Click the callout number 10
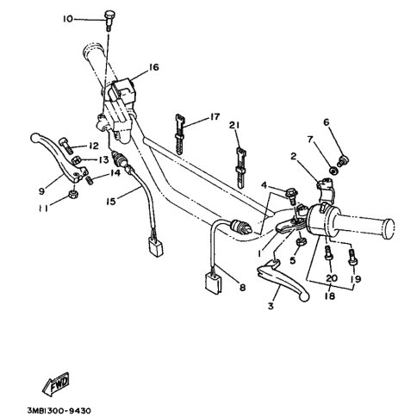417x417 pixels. coord(68,19)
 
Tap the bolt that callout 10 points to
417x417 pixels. coord(109,21)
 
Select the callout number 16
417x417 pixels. coord(153,67)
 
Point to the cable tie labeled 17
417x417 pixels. coord(179,134)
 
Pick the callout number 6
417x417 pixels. coord(327,122)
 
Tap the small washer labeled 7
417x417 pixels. coord(333,171)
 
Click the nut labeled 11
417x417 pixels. coord(74,195)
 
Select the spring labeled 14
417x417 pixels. coord(90,181)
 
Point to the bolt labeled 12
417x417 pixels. coord(65,146)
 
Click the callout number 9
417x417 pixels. coord(42,191)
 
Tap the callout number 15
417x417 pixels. coord(110,202)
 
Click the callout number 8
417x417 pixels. coord(243,287)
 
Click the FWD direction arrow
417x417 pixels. coord(56,383)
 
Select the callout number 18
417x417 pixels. coord(330,296)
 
